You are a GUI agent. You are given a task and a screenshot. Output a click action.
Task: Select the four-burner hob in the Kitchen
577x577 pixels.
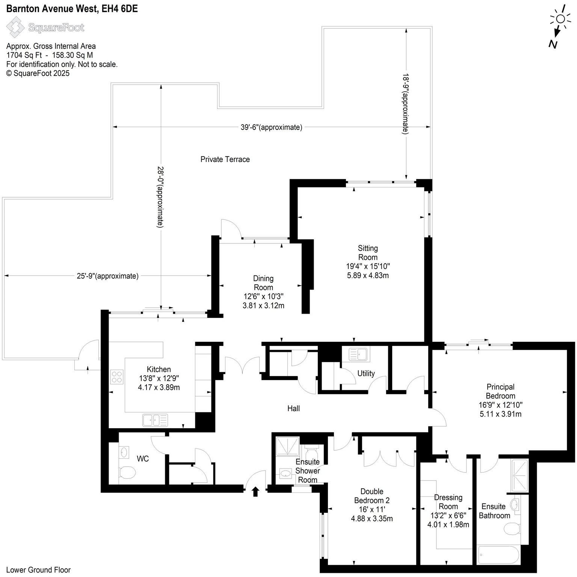tap(117, 376)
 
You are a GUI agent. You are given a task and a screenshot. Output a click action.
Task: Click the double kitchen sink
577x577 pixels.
tap(155, 420)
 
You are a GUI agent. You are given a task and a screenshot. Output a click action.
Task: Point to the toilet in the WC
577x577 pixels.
tap(127, 472)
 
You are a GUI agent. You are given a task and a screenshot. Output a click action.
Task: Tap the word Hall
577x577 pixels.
tap(294, 408)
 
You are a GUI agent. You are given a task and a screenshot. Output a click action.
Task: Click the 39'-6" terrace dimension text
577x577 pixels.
tap(271, 127)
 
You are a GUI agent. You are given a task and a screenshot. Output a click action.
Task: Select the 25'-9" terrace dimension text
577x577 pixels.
tap(108, 276)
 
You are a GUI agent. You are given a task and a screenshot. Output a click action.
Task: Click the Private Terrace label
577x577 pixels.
tap(225, 159)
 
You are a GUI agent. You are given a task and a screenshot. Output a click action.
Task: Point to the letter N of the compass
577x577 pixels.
tap(553, 44)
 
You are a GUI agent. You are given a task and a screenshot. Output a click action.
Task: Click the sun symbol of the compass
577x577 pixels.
tap(560, 19)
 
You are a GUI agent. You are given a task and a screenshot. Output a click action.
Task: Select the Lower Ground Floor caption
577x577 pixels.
tap(38, 570)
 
